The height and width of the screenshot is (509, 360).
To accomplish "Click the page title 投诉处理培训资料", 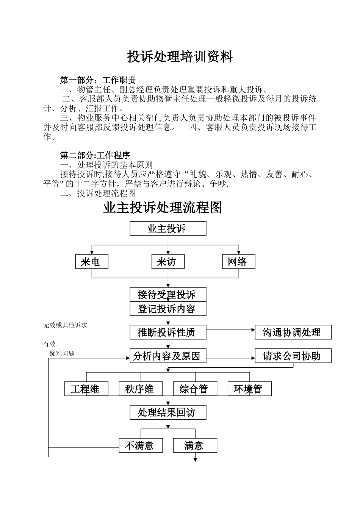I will coord(180,57).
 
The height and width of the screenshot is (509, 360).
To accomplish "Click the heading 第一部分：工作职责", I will coord(98,80).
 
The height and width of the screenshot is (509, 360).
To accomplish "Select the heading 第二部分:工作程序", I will coord(95,155).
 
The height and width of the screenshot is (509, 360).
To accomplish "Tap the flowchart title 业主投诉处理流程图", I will coord(163,208).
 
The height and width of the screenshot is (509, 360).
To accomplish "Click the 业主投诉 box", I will coord(168,229).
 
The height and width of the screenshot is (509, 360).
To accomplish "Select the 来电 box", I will coord(92,262).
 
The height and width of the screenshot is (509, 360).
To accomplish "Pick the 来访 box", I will coord(168,262).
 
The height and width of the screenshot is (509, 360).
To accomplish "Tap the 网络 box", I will coord(239,262).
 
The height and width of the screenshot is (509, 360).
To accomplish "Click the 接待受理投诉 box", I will coord(168,294).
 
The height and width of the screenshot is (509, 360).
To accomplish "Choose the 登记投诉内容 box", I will coord(168,309).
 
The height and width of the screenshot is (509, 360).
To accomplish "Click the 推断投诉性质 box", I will coord(168,333).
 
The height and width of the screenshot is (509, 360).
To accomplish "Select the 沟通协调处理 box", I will coord(293,333).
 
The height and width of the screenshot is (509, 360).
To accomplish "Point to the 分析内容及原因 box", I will coord(168,356).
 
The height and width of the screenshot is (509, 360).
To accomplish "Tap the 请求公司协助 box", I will coord(293,356).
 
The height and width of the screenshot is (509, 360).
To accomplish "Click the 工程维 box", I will coord(86,389).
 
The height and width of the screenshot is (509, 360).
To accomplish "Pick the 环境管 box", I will coord(250,389).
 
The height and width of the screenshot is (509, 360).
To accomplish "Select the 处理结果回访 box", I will coord(168,412).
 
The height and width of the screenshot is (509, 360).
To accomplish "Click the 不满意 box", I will coord(141,445).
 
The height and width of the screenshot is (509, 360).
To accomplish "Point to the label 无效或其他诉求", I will coord(65,325).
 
